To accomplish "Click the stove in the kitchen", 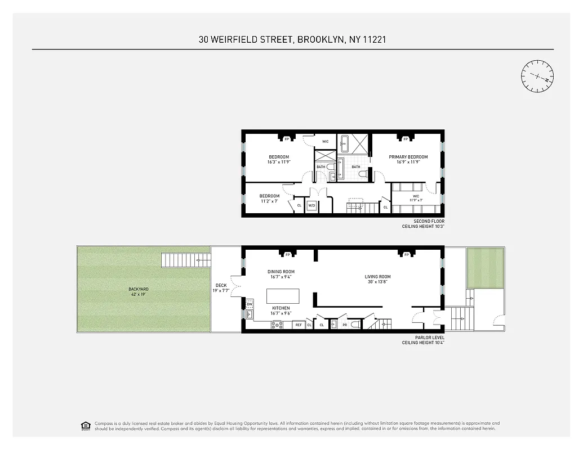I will (277, 324).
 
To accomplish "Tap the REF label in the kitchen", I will (299, 325).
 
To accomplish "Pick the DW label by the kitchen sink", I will (249, 304).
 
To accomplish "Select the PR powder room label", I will (345, 325).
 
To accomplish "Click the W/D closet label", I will (311, 206).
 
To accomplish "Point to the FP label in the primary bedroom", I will (405, 139).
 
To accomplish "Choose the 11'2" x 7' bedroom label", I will (269, 199).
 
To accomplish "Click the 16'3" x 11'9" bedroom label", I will (278, 159).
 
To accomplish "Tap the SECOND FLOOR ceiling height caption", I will (423, 224).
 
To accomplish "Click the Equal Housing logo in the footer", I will (86, 425).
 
